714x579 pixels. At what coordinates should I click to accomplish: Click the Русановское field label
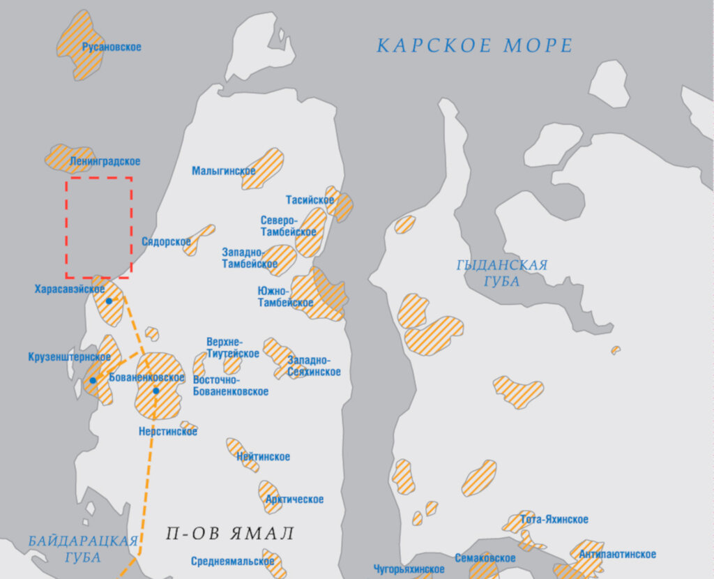tap(112, 47)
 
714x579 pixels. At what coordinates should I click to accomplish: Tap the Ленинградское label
tap(105, 161)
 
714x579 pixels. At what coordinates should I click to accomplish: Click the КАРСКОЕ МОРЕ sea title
tap(475, 46)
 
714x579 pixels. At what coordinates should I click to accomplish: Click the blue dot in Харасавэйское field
tap(109, 301)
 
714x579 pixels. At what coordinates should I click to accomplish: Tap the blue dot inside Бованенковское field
tap(156, 391)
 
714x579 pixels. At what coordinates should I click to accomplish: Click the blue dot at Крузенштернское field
tap(93, 380)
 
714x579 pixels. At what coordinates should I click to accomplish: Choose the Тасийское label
tap(310, 200)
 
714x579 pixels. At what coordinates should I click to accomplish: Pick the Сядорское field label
tap(166, 242)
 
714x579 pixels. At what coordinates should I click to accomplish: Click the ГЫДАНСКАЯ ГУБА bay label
tap(502, 273)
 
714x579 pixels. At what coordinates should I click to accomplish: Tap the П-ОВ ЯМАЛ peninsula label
tap(230, 534)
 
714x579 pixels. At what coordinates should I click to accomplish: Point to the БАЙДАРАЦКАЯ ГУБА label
tap(83, 549)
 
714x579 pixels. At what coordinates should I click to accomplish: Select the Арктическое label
tap(294, 499)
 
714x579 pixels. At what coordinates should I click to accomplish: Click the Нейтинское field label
tap(264, 457)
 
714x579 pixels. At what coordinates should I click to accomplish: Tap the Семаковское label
tap(485, 558)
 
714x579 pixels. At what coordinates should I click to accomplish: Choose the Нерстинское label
tap(168, 432)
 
